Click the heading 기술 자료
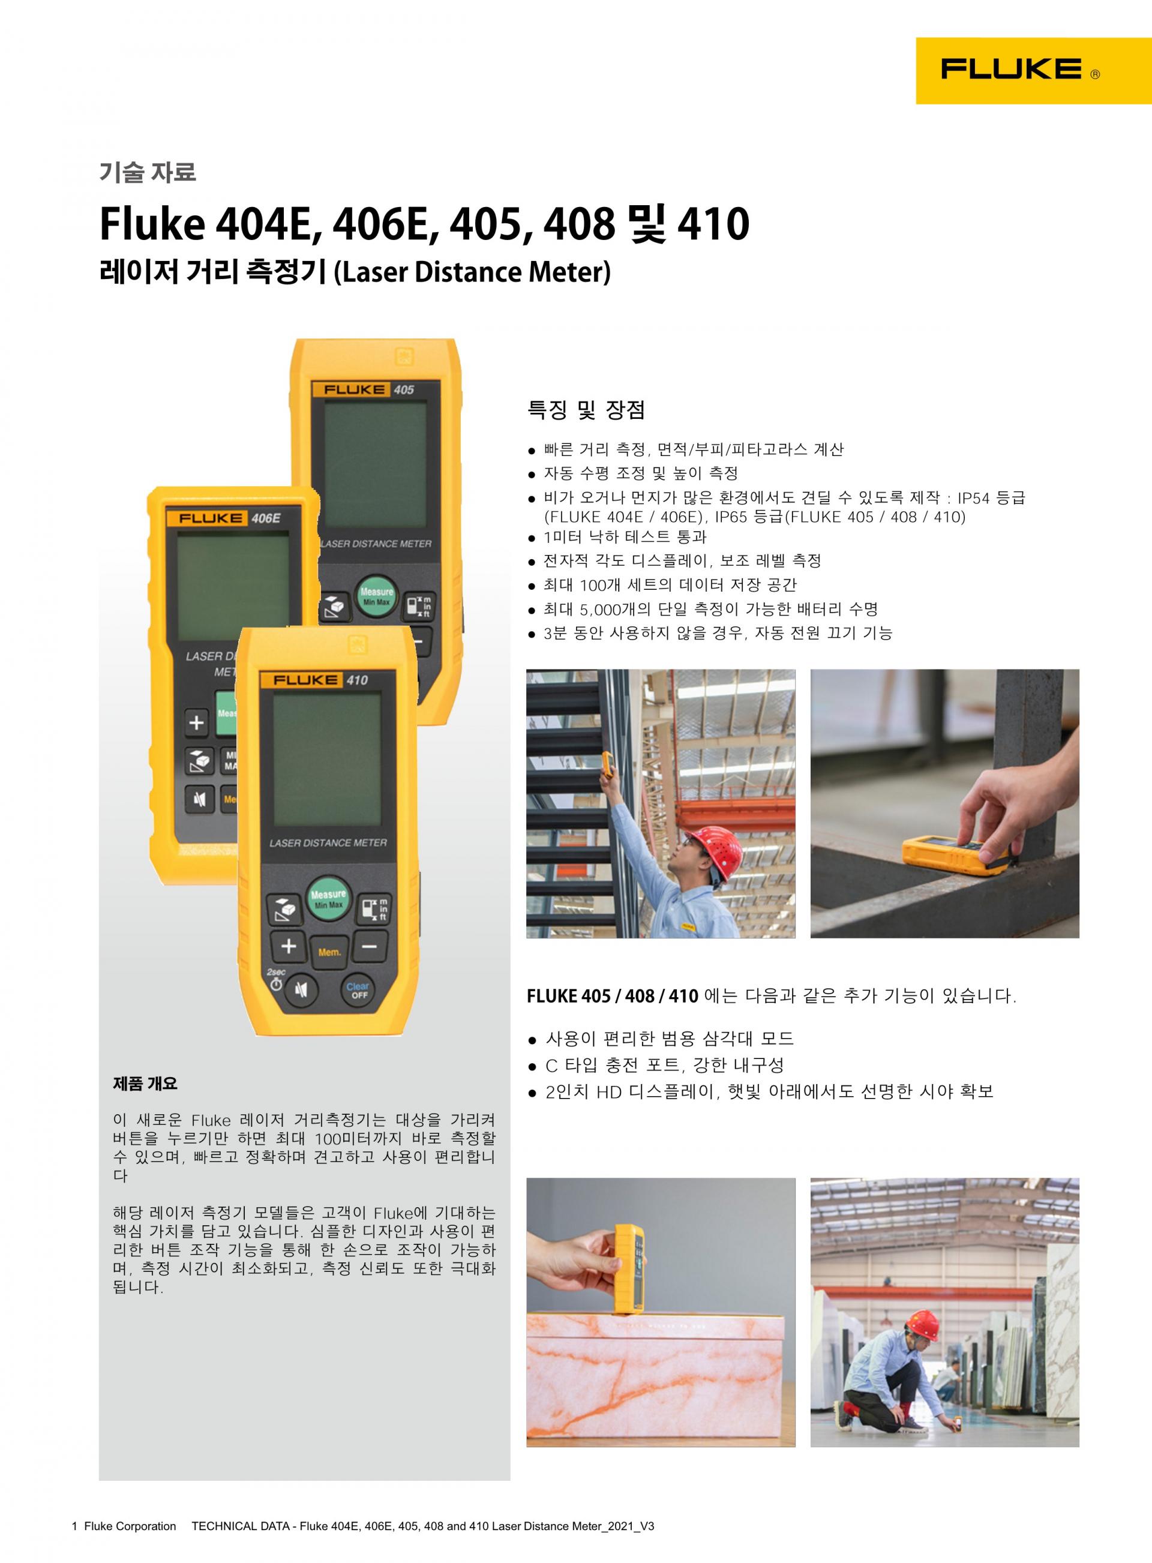tap(148, 172)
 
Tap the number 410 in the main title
tap(713, 224)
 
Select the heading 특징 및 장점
tap(586, 410)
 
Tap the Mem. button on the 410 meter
tap(329, 952)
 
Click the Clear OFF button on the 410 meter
tap(358, 990)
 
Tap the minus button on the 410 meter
tap(370, 946)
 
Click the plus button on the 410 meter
tap(289, 946)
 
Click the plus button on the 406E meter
tap(197, 722)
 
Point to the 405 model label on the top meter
tap(404, 390)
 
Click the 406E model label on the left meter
tap(265, 518)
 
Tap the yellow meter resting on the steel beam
tap(954, 855)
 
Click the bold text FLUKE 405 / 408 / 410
tap(612, 996)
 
